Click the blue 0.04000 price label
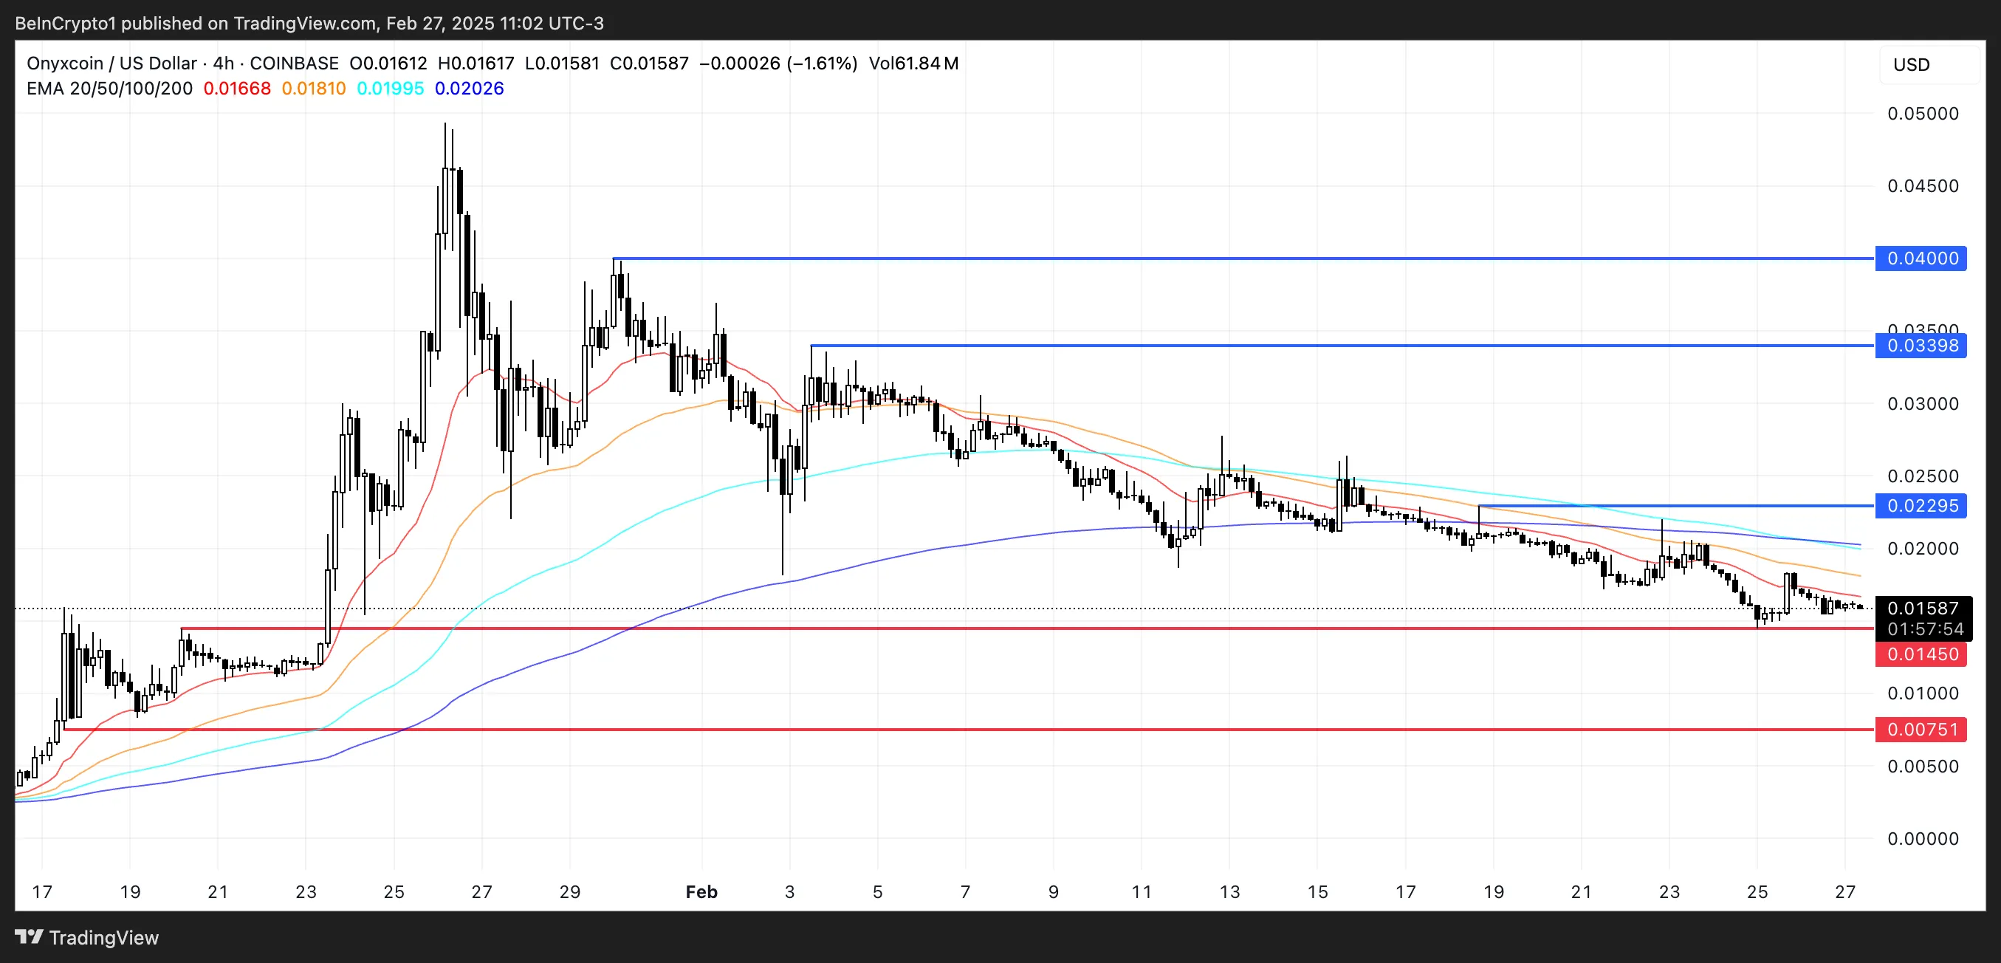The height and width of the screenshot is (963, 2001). coord(1921,258)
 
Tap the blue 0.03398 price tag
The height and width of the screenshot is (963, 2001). coord(1921,346)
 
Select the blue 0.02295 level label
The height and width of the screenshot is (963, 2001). coord(1921,506)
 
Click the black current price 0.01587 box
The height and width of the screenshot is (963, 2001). coord(1923,608)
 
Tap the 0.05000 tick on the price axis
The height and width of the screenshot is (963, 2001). coord(1923,114)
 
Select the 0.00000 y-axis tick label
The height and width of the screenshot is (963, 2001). coord(1923,839)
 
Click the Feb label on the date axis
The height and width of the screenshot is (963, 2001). coord(701,891)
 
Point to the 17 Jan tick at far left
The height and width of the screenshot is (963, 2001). coord(43,891)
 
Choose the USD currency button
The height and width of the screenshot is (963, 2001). coord(1911,64)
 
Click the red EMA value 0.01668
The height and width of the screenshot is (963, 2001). coord(237,89)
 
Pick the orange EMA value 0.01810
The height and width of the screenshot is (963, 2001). coord(313,89)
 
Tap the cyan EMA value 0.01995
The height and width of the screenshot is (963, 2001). coord(390,89)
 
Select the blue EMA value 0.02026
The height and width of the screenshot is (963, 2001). coord(469,89)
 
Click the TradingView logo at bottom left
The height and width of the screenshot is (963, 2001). coord(87,937)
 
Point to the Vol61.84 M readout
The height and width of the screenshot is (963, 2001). coord(913,63)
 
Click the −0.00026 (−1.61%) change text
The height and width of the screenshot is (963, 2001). coord(778,63)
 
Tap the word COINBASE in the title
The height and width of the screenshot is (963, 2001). coord(295,63)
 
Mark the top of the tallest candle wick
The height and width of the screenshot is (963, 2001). coord(445,123)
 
